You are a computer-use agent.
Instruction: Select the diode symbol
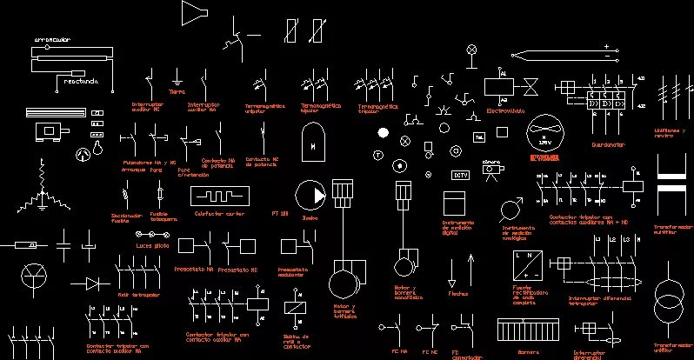[93, 283]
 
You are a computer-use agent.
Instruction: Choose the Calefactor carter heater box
[220, 195]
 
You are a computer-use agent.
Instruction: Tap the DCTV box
[461, 174]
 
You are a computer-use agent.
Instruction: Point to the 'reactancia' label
[81, 82]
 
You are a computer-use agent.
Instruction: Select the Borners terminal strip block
[527, 330]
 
